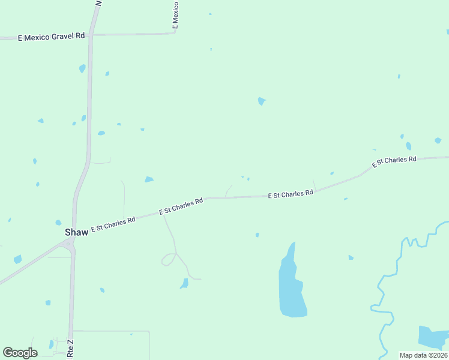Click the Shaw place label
(76, 232)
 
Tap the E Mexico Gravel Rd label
(52, 37)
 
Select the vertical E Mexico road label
(175, 15)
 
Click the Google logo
(20, 353)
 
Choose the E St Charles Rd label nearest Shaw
(113, 224)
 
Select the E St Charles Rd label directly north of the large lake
(291, 194)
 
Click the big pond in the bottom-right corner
(432, 337)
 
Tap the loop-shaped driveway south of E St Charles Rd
(169, 259)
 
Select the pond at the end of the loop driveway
(184, 283)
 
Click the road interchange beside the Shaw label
(70, 243)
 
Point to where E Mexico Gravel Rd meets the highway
(91, 35)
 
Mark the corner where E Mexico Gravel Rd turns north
(175, 32)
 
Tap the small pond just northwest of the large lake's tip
(257, 235)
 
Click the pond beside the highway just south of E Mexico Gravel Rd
(82, 68)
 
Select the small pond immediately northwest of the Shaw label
(58, 223)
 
